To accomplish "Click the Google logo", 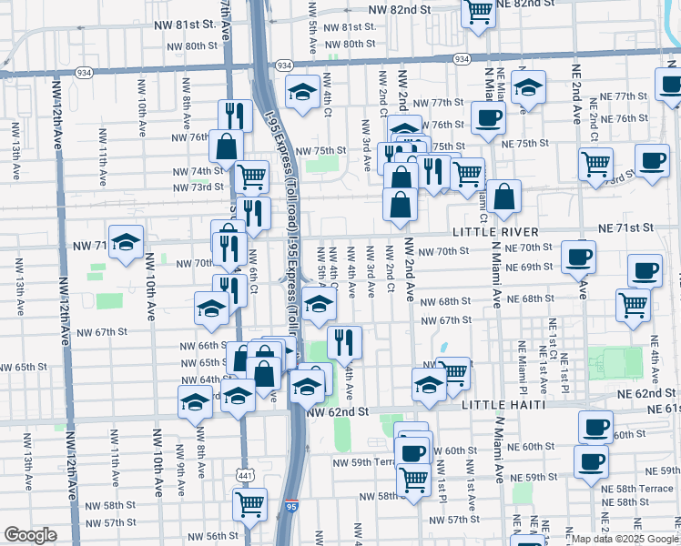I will click(29, 534).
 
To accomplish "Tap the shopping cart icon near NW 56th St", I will click(249, 503).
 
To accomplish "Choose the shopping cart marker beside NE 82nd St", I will click(477, 12).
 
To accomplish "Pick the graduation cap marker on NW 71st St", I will click(127, 242).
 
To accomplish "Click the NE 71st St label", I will click(626, 227).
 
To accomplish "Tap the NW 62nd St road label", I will click(338, 411).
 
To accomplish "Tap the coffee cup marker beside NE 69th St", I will click(578, 257).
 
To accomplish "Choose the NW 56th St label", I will click(208, 536).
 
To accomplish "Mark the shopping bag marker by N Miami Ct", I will click(503, 195).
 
